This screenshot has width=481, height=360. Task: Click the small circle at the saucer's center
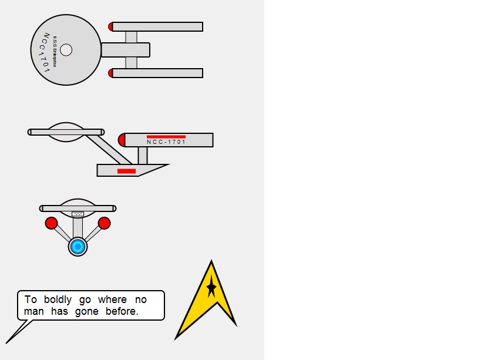click(66, 50)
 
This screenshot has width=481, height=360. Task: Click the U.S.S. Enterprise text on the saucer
click(55, 52)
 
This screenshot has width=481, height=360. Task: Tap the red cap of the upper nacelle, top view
click(111, 26)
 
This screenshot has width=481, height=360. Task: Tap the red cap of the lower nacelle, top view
click(111, 73)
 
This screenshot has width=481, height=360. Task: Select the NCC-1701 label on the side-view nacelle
click(166, 142)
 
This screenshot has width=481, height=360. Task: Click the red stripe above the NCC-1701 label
click(166, 137)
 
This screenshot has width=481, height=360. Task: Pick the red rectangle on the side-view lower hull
click(126, 171)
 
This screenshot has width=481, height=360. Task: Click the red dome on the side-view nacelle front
click(122, 140)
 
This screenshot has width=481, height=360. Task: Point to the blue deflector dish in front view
click(78, 247)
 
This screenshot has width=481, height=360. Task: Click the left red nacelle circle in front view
click(51, 223)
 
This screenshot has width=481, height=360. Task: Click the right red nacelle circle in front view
click(104, 223)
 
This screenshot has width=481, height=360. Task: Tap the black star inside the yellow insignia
click(211, 288)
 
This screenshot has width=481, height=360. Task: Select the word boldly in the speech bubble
click(58, 300)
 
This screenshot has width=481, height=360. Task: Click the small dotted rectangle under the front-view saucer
click(78, 214)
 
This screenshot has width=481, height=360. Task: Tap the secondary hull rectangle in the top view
click(125, 50)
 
